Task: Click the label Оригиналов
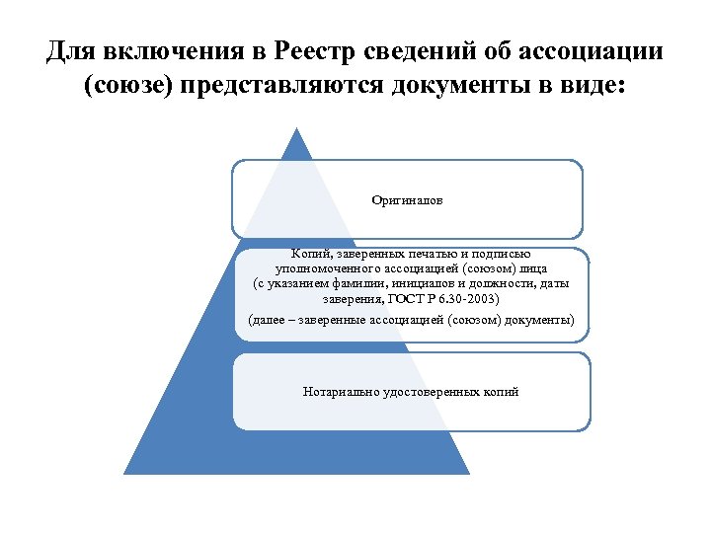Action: click(x=407, y=200)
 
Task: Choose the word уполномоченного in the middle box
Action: click(x=323, y=268)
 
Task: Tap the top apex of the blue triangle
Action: click(x=296, y=129)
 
